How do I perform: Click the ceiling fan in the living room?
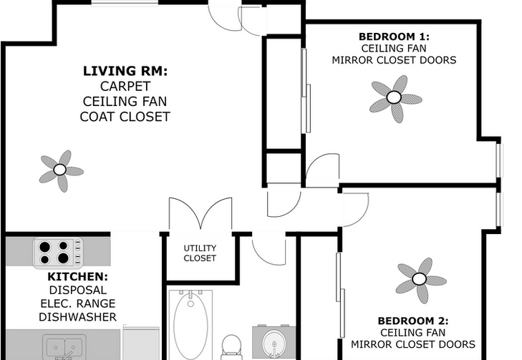coord(61,170)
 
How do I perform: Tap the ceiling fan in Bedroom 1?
coord(393,97)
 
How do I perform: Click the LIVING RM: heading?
coord(125,71)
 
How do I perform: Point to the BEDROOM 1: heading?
coord(393,37)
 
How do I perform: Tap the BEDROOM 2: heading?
coord(413,321)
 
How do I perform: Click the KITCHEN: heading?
coord(78,276)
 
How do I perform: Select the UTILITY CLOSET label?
coord(200,253)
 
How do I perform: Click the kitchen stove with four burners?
coord(57,252)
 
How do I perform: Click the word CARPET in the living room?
coord(125,86)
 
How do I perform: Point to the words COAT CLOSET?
coord(125,116)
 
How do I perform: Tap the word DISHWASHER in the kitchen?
coord(78,316)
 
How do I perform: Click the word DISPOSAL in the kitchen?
coord(78,290)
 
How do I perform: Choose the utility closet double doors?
coord(200,215)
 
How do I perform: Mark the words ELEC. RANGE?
coord(78,303)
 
